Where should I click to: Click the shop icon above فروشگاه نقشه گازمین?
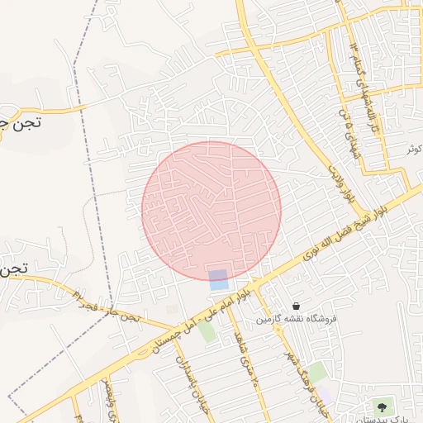[296, 306]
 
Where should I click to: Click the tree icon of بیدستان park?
[381, 406]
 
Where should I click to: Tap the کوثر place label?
[414, 149]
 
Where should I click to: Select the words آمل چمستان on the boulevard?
[173, 333]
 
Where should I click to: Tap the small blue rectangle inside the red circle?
[218, 279]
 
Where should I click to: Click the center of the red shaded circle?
[211, 211]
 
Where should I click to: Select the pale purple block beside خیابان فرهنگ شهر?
[328, 396]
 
